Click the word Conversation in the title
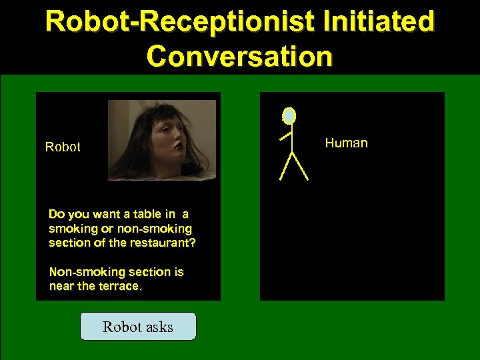pos(239,56)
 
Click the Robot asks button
pos(138,327)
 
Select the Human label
pos(346,143)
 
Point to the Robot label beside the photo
pos(63,147)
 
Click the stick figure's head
pos(289,116)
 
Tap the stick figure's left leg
pos(285,167)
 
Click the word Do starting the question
pos(56,214)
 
